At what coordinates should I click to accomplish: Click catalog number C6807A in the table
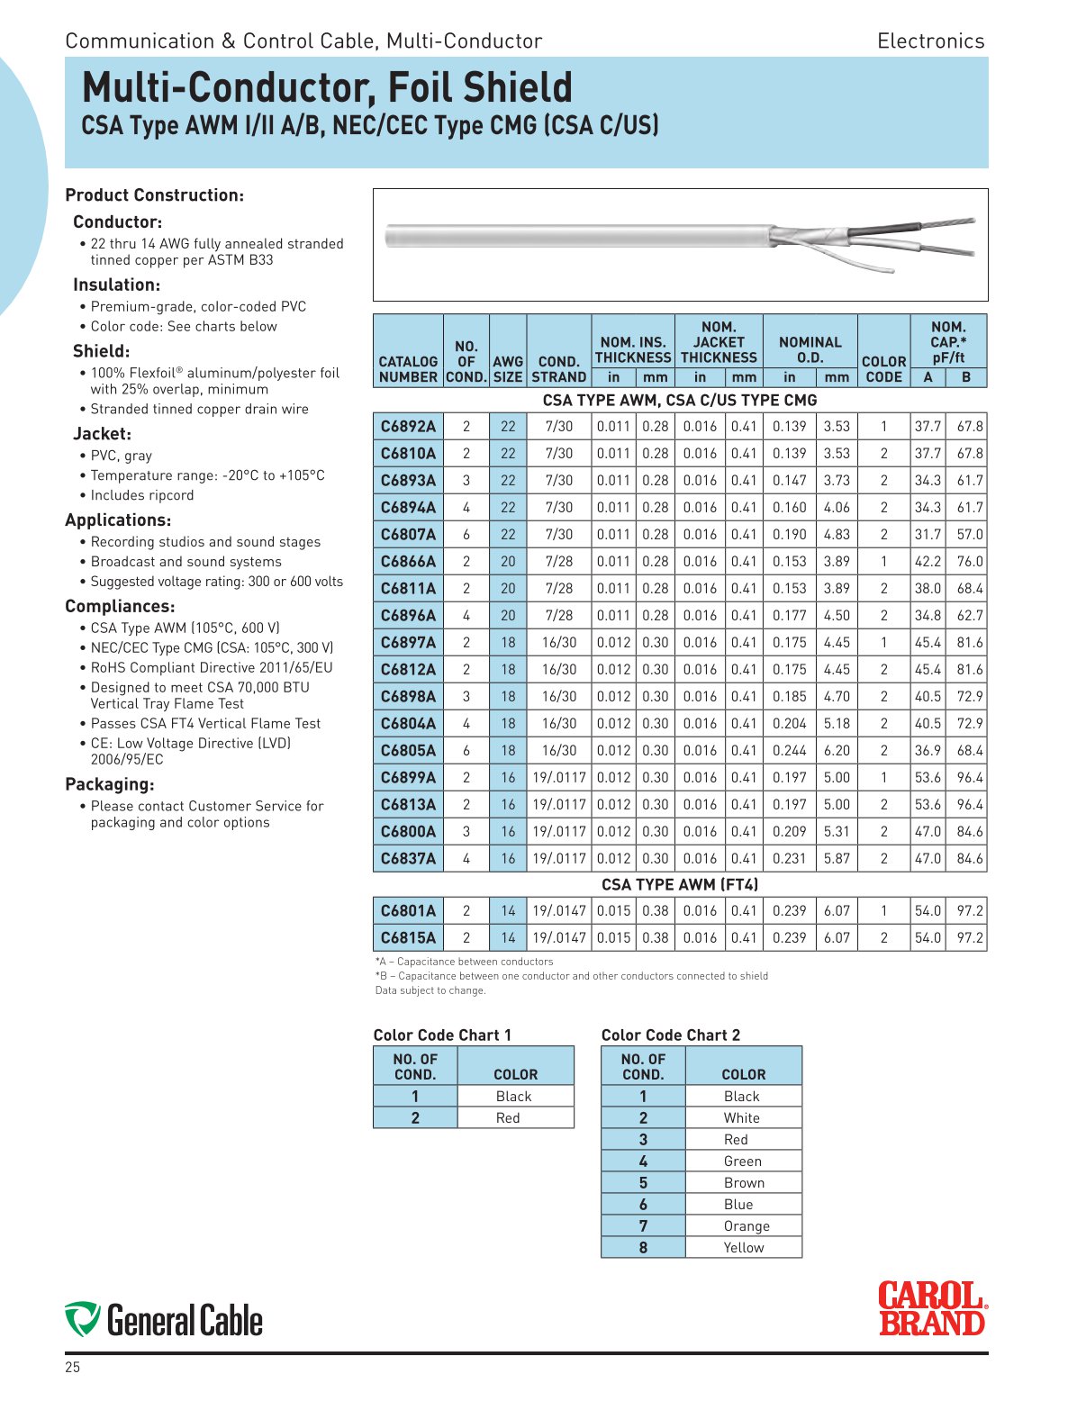(408, 534)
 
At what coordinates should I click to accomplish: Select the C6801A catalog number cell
(408, 910)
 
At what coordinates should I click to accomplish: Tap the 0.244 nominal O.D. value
(789, 750)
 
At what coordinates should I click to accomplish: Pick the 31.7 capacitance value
(928, 534)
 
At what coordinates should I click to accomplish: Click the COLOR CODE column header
(883, 369)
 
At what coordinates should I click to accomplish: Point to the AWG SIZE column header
(508, 369)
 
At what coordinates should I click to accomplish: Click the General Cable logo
(164, 1320)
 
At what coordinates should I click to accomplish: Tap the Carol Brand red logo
(932, 1308)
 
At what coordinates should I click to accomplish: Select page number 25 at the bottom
(72, 1368)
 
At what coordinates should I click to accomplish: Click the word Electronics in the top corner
(930, 41)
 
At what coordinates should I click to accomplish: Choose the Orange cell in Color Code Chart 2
(747, 1225)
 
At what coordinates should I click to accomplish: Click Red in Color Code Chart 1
(508, 1117)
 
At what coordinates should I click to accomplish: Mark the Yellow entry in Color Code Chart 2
(743, 1247)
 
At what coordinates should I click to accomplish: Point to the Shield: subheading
(102, 351)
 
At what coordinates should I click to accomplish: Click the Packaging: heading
(110, 784)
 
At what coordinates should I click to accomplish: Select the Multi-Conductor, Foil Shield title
(327, 87)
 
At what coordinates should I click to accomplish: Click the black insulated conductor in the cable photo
(882, 229)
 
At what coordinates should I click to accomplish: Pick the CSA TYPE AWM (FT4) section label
(680, 884)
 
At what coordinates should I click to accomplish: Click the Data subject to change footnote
(430, 990)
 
